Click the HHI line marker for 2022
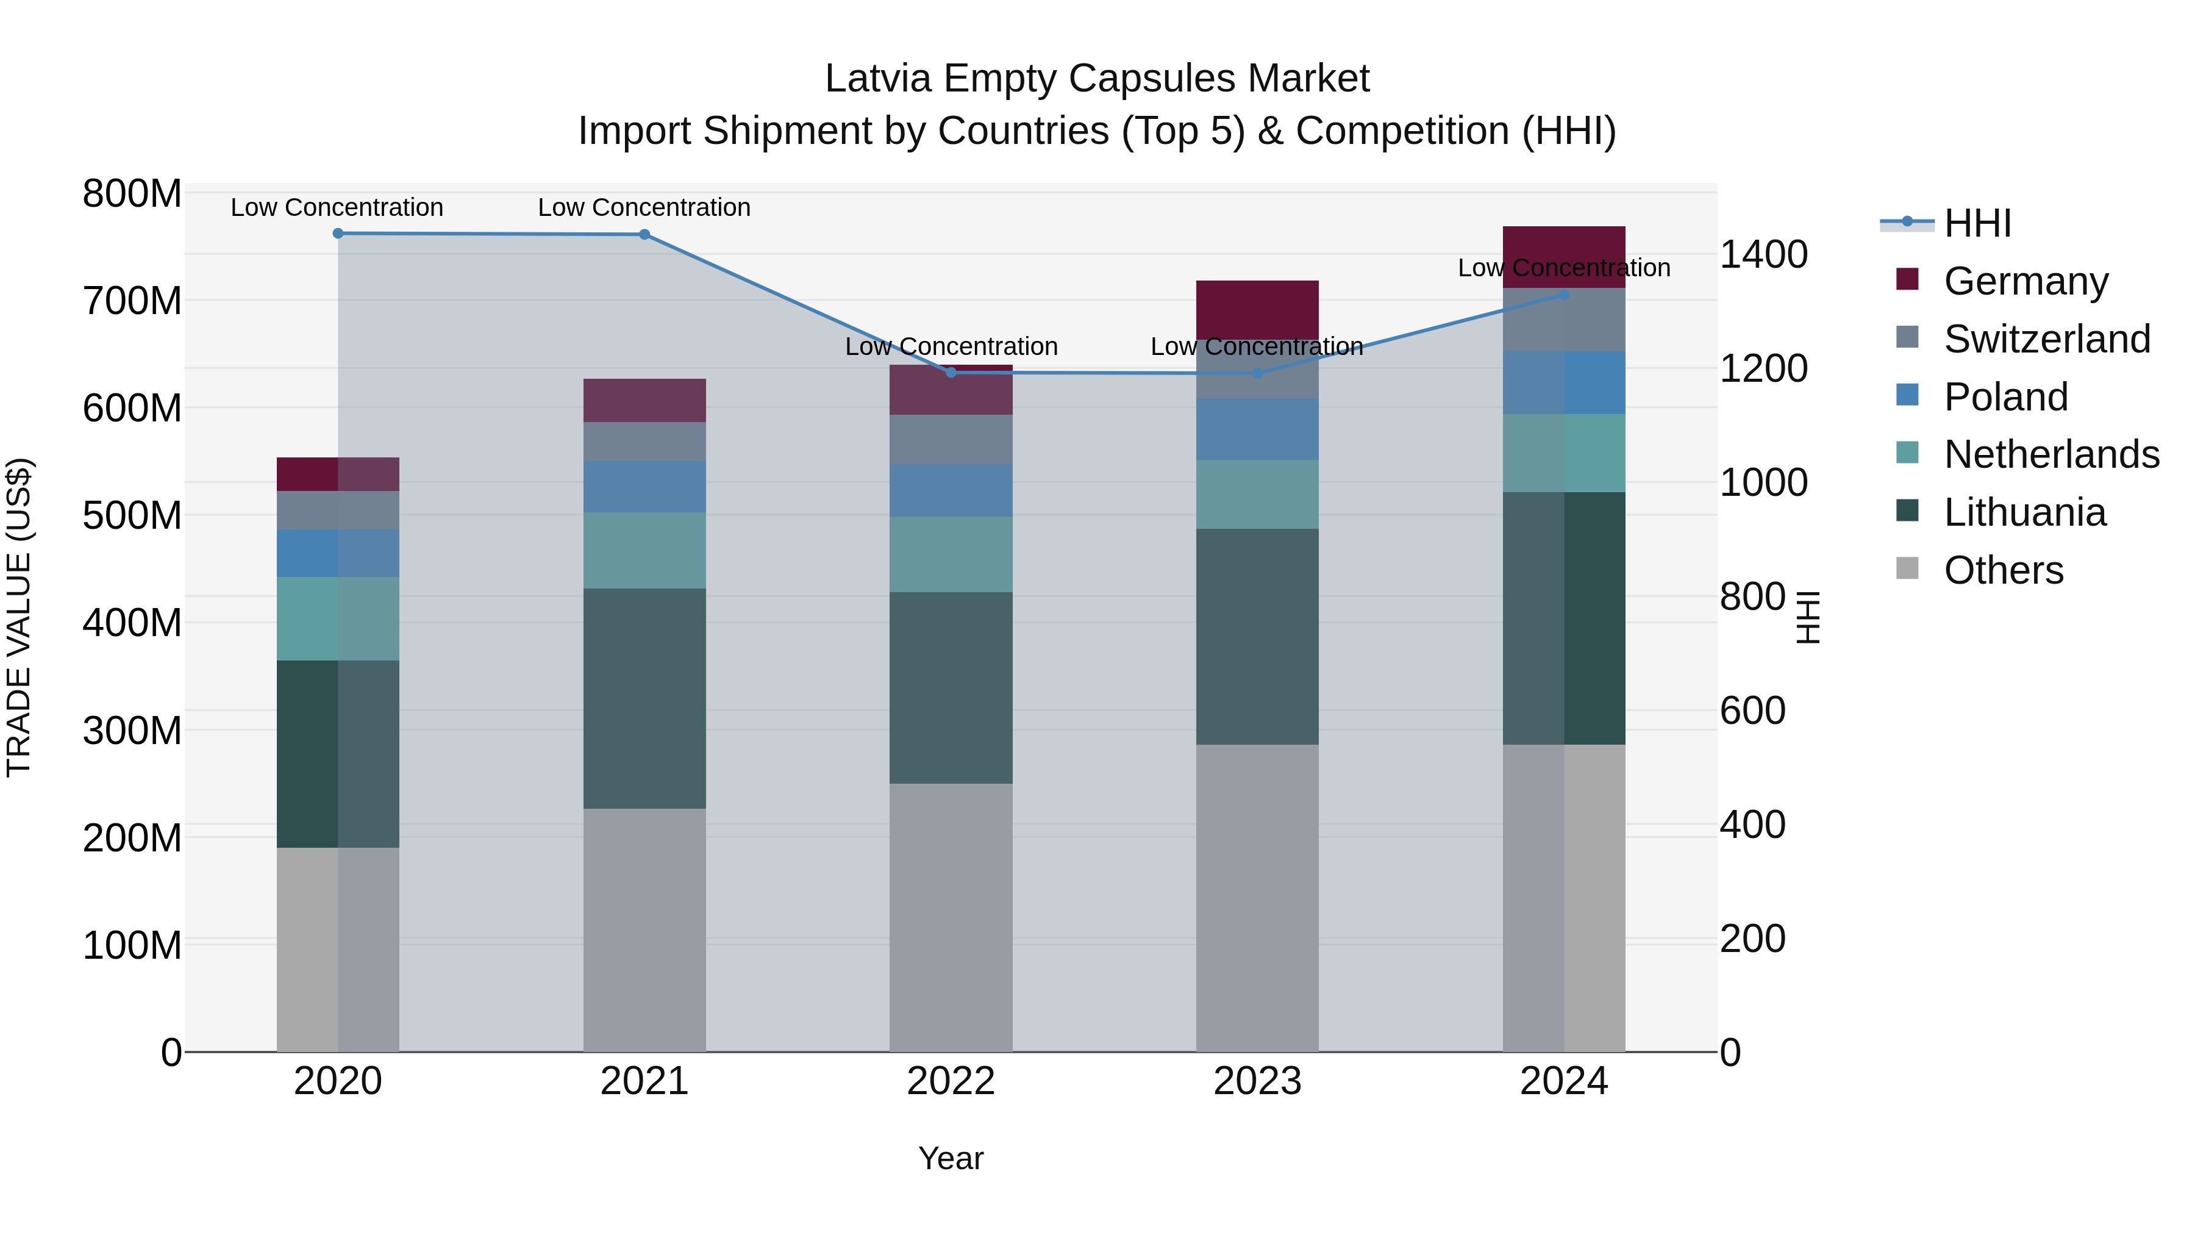pyautogui.click(x=951, y=373)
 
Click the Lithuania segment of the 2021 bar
pyautogui.click(x=644, y=698)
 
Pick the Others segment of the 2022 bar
pyautogui.click(x=951, y=917)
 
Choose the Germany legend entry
pyautogui.click(x=2025, y=281)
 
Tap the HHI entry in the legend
pyautogui.click(x=1977, y=223)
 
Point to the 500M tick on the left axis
pyautogui.click(x=132, y=515)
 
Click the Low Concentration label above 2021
pyautogui.click(x=644, y=207)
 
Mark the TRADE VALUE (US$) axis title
pyautogui.click(x=19, y=617)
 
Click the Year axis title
pyautogui.click(x=951, y=1158)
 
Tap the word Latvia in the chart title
pyautogui.click(x=879, y=79)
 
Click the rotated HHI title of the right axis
pyautogui.click(x=1807, y=617)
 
